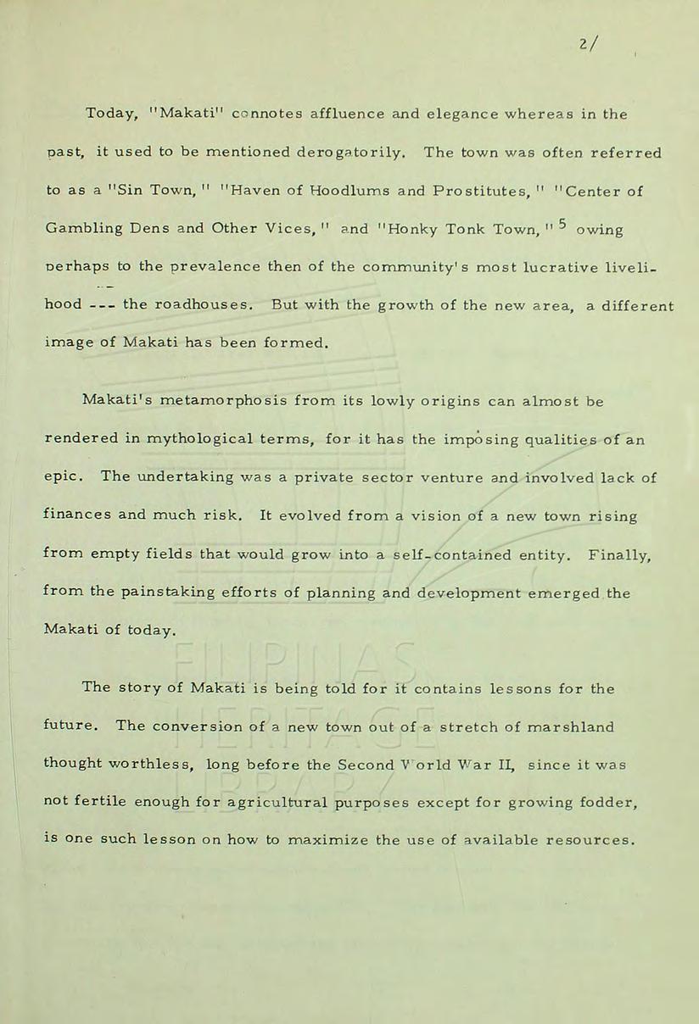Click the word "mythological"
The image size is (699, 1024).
pyautogui.click(x=196, y=439)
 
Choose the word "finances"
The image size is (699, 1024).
pyautogui.click(x=77, y=515)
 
